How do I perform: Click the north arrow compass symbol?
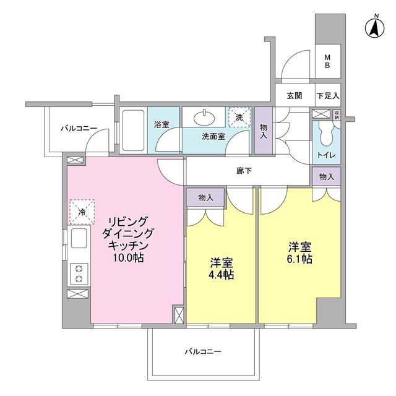[x=374, y=27]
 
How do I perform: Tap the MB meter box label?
[x=327, y=61]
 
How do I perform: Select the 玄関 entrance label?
[x=295, y=96]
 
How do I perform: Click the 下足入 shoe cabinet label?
[x=328, y=96]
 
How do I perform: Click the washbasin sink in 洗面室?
[x=205, y=117]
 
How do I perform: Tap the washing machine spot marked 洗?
[x=239, y=117]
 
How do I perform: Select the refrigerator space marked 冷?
[x=82, y=212]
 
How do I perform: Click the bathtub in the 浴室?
[x=133, y=130]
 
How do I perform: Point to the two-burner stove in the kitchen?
[x=79, y=273]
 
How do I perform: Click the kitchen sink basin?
[x=79, y=238]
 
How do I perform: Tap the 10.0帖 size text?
[x=128, y=257]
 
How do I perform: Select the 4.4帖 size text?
[x=221, y=274]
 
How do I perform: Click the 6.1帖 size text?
[x=299, y=259]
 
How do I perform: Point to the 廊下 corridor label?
[x=244, y=171]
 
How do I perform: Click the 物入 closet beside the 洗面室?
[x=264, y=131]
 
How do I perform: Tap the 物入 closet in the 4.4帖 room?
[x=205, y=197]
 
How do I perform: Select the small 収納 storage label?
[x=337, y=115]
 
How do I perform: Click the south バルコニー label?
[x=203, y=351]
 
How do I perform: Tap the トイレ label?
[x=326, y=155]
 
